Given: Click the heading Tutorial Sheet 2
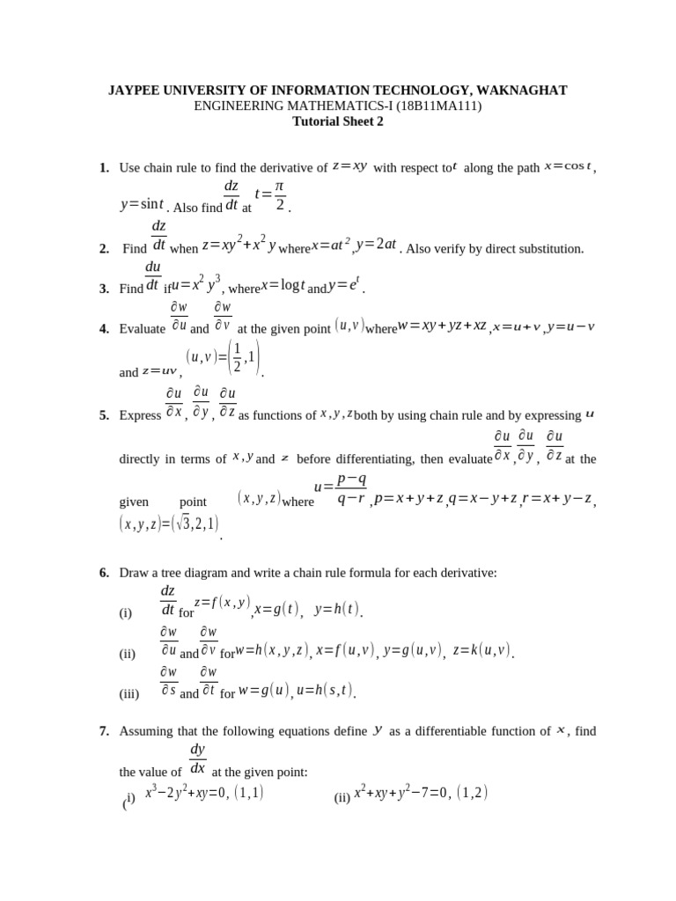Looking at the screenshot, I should tap(337, 122).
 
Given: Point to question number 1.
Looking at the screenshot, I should tap(104, 168).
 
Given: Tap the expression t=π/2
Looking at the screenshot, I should tap(271, 197).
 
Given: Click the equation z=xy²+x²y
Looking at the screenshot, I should tap(239, 247).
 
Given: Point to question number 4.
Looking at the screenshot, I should tap(104, 329).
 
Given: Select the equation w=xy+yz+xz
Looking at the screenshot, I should tap(443, 327).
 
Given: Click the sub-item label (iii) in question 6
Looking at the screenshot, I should tap(129, 693).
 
